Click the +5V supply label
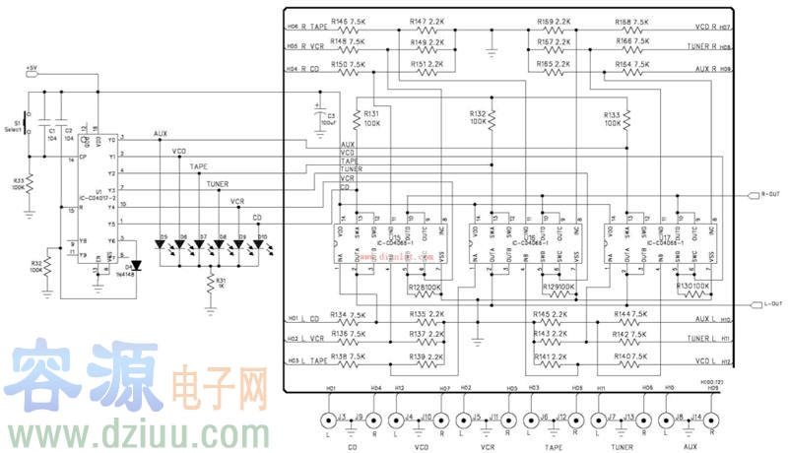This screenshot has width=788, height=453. (x=33, y=69)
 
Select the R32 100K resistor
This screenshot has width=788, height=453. (x=36, y=266)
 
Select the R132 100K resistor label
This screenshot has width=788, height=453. (x=478, y=116)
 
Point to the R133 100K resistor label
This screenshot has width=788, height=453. (x=614, y=119)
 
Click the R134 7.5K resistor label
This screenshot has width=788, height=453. (x=348, y=315)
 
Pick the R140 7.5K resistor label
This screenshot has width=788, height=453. (x=631, y=356)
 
